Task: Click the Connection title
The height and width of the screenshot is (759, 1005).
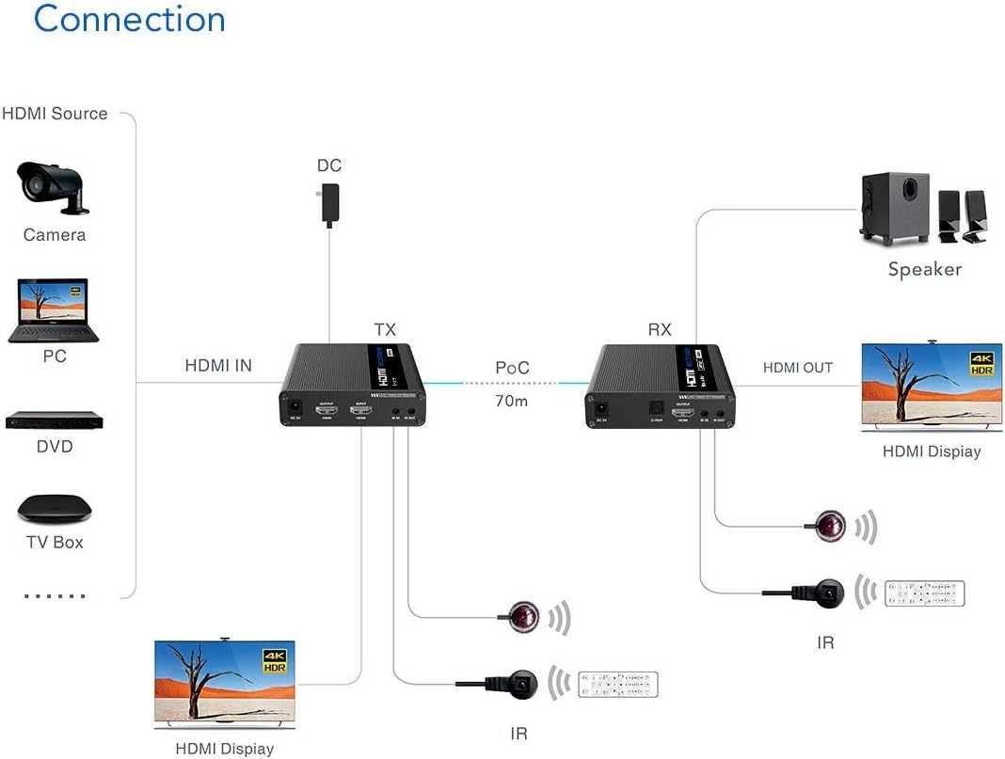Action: pyautogui.click(x=129, y=19)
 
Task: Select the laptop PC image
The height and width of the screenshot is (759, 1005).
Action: pyautogui.click(x=54, y=310)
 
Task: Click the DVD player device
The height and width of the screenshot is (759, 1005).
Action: pyautogui.click(x=54, y=420)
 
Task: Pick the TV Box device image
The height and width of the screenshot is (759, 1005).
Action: pyautogui.click(x=55, y=508)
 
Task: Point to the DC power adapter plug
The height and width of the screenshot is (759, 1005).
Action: pyautogui.click(x=329, y=203)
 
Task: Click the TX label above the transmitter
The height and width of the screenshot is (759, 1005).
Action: pyautogui.click(x=385, y=329)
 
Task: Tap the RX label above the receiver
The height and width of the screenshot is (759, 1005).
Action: pyautogui.click(x=660, y=329)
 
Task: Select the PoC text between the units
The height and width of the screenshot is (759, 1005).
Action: pyautogui.click(x=512, y=368)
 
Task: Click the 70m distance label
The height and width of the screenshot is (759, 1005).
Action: pyautogui.click(x=512, y=401)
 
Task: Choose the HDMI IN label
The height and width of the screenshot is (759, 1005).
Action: pyautogui.click(x=218, y=366)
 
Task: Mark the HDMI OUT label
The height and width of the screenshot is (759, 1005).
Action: pyautogui.click(x=797, y=368)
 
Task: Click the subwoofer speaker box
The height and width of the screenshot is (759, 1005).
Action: pyautogui.click(x=894, y=208)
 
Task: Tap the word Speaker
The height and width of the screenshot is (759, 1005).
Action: pyautogui.click(x=925, y=270)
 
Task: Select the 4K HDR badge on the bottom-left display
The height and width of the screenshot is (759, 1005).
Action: pyautogui.click(x=273, y=661)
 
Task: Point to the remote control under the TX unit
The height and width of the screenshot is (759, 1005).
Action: pyautogui.click(x=618, y=684)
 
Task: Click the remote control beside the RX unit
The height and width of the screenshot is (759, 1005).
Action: pyautogui.click(x=925, y=593)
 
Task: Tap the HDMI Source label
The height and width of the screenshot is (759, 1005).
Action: pyautogui.click(x=55, y=114)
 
